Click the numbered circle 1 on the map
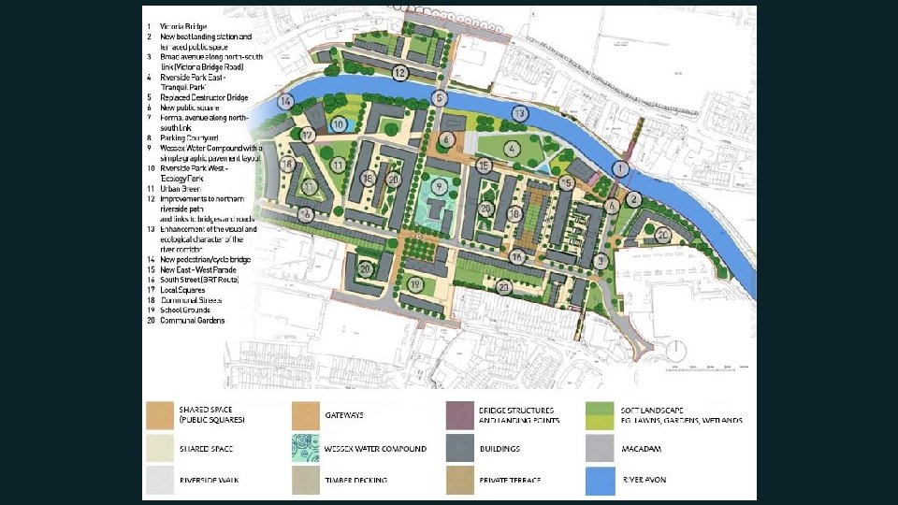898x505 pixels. point(618,168)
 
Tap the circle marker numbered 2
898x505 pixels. point(633,198)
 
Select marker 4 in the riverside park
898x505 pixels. point(512,148)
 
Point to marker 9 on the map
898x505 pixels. point(437,187)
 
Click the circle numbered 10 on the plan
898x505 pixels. point(340,123)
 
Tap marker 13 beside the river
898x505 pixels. point(519,113)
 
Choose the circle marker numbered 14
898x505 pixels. point(286,101)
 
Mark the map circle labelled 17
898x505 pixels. point(308,136)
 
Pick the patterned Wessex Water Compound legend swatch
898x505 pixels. point(306,450)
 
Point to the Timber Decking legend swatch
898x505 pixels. point(306,481)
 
